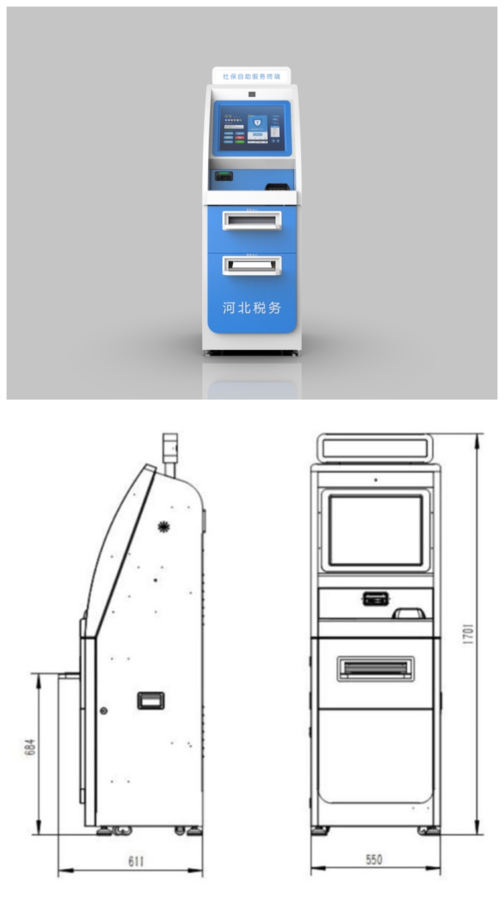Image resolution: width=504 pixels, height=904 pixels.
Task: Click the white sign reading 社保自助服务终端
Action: point(251,76)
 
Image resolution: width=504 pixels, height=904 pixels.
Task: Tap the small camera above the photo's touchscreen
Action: point(252,94)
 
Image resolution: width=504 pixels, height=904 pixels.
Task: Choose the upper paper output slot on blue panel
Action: point(251,220)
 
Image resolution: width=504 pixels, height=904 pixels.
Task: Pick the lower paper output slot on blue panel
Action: point(251,265)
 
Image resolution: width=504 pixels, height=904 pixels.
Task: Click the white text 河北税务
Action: point(251,307)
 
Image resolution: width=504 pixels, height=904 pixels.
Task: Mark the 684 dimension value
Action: point(29,748)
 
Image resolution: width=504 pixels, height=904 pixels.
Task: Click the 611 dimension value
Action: point(136,861)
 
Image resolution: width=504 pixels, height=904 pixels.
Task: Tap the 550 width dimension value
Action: point(374,860)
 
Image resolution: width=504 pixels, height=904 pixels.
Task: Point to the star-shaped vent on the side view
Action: point(163,527)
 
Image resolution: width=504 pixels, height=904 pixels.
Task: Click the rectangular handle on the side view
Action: point(151,700)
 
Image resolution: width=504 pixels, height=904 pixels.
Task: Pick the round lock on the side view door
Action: point(103,711)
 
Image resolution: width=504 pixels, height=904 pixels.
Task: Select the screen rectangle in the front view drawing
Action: point(375,530)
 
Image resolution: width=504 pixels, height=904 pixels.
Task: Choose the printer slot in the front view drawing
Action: point(375,668)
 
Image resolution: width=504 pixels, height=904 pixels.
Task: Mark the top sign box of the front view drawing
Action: point(375,447)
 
